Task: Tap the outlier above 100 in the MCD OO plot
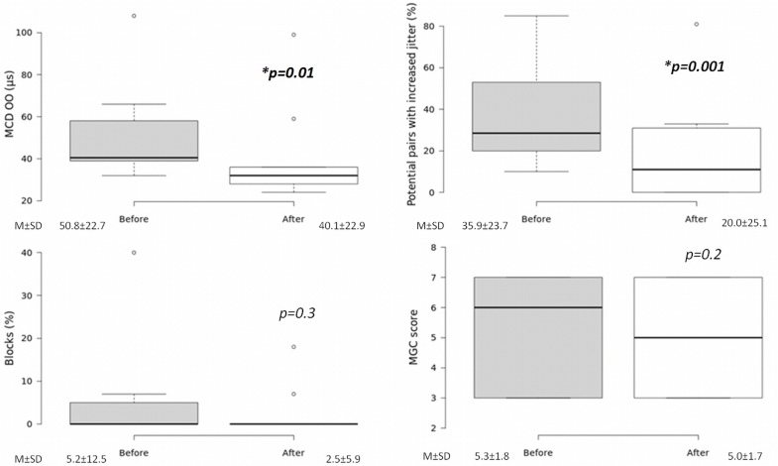[134, 16]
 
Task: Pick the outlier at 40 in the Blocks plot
[134, 253]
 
